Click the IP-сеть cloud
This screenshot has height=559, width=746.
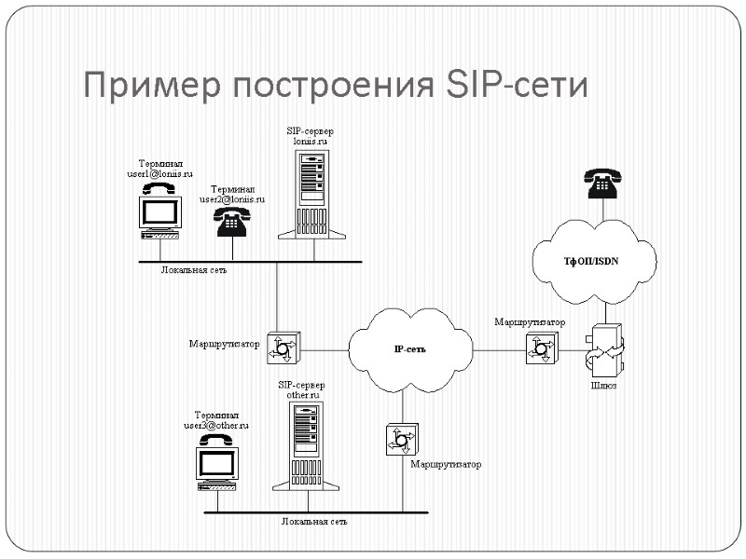tap(410, 348)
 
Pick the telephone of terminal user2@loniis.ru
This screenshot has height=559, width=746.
tap(230, 222)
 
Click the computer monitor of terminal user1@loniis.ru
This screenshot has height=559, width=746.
tap(160, 212)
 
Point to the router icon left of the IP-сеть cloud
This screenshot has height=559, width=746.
tap(282, 348)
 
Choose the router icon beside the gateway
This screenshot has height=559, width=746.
tap(540, 348)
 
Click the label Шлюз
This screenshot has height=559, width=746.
tap(603, 385)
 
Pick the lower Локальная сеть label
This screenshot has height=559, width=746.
tap(314, 521)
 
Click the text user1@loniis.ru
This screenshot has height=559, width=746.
tap(159, 173)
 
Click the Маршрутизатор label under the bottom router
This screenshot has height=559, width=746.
tap(445, 464)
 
